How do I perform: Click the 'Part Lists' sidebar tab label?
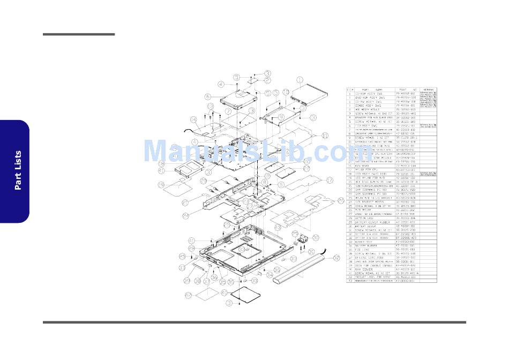tap(18, 170)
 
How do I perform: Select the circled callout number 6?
tap(207, 97)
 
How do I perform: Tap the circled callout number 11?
tap(325, 136)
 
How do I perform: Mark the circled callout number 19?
tap(160, 185)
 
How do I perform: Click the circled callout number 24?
tap(186, 216)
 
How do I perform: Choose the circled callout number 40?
tap(224, 292)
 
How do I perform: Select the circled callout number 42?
tap(188, 295)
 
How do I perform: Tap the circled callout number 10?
tap(286, 92)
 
